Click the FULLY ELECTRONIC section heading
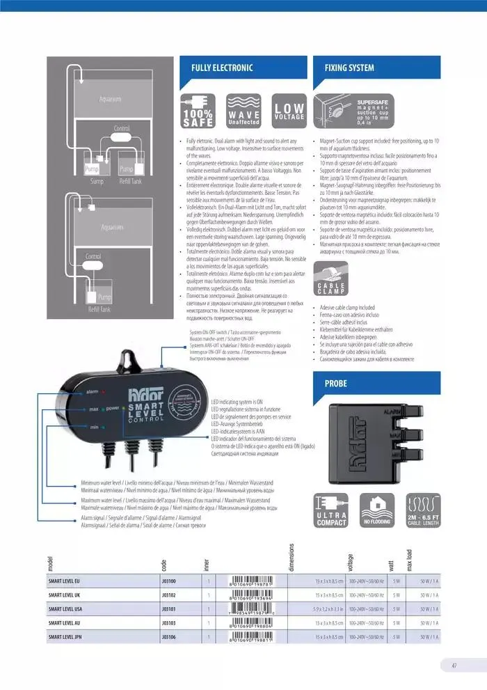(x=223, y=68)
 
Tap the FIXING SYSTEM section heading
(x=350, y=68)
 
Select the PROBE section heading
(x=336, y=384)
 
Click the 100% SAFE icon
(x=198, y=111)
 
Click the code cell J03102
(x=169, y=595)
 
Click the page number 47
(x=454, y=666)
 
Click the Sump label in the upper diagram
(x=97, y=180)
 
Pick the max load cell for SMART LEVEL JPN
(x=429, y=636)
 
